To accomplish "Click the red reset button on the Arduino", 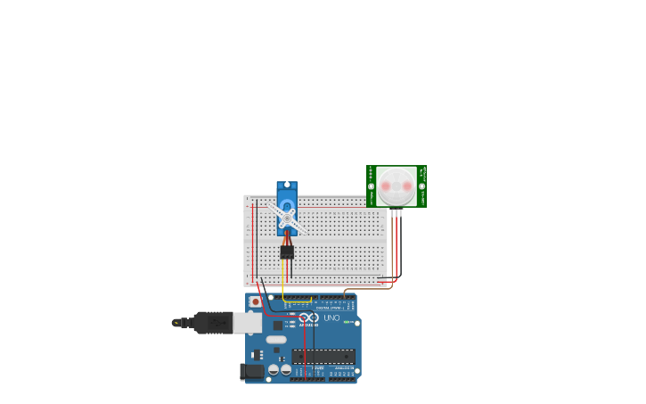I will (256, 302).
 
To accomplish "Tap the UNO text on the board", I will (331, 317).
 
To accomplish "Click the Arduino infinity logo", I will (308, 317).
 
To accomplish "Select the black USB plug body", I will (213, 322).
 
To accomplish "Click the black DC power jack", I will (252, 371).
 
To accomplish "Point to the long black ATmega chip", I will (323, 356).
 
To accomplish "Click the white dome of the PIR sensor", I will (396, 186).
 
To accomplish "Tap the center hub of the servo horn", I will (287, 218).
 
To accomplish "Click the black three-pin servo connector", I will (287, 252).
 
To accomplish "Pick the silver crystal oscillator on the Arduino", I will (276, 339).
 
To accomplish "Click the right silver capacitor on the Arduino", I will (286, 369).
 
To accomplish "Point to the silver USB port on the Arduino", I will (247, 322).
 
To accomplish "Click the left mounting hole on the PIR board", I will (372, 186).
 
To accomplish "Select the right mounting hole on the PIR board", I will (421, 186).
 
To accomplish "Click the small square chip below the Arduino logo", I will (278, 326).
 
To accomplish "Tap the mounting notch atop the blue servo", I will (287, 186).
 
